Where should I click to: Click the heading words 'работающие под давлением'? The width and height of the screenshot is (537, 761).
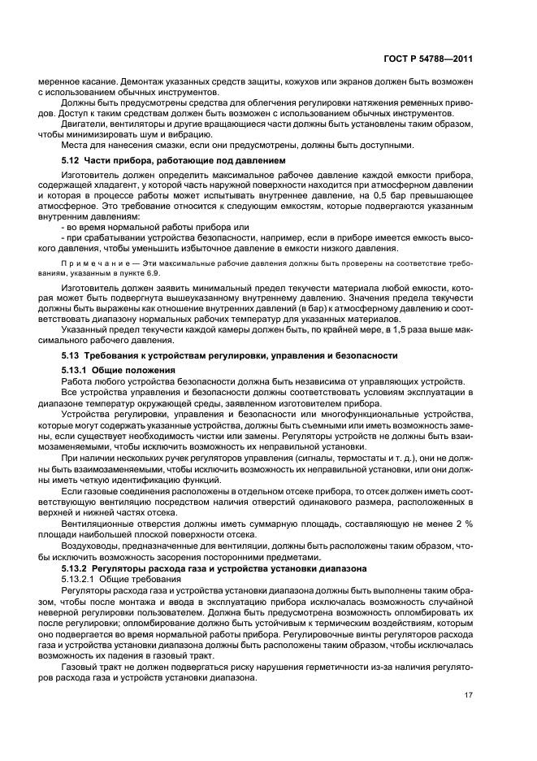(228, 162)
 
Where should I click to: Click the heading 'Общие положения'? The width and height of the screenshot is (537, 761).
(136, 371)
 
